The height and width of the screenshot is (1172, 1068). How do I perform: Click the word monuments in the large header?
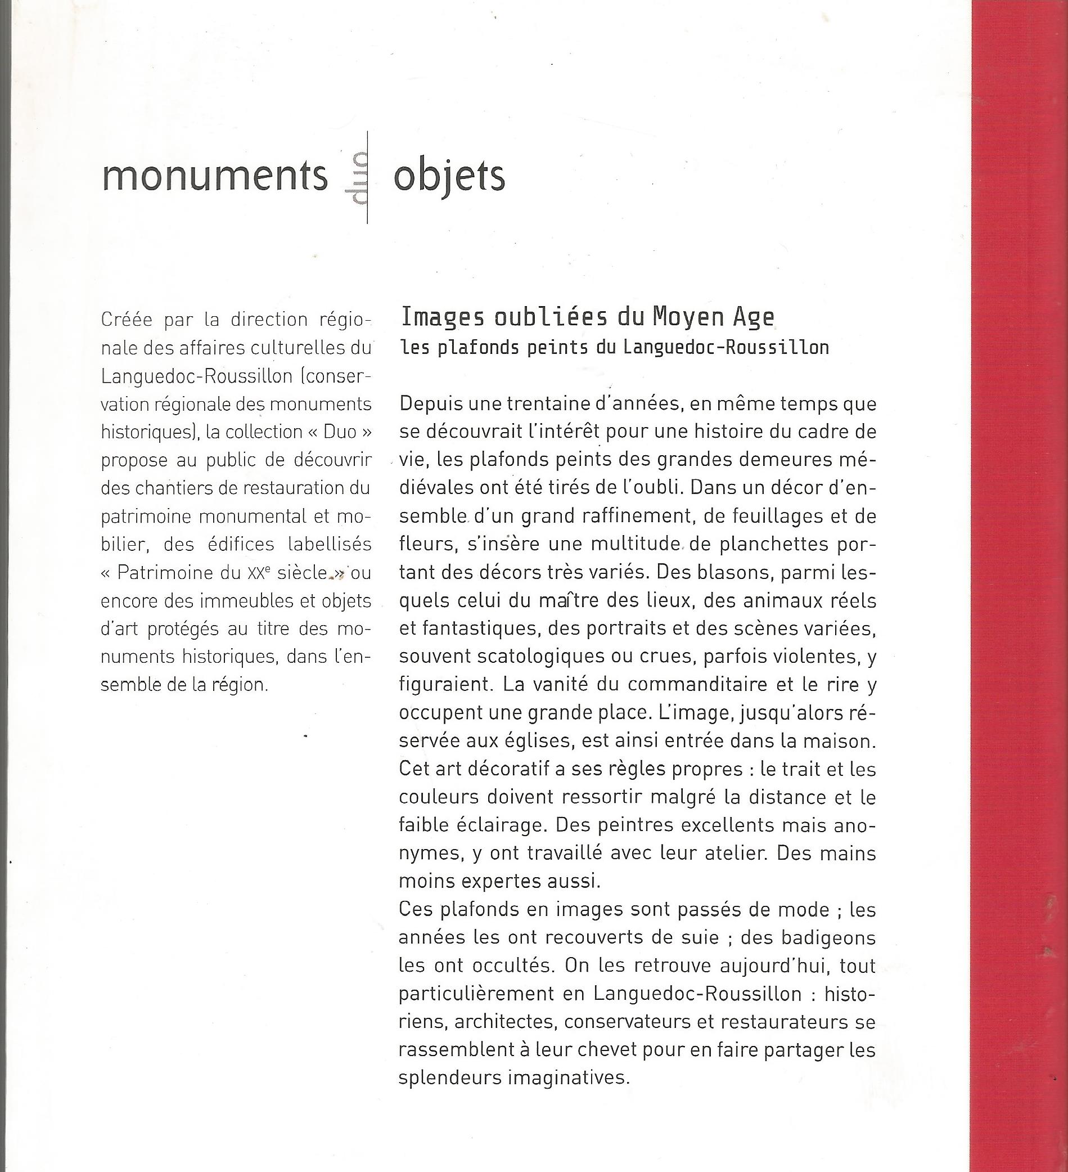214,176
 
